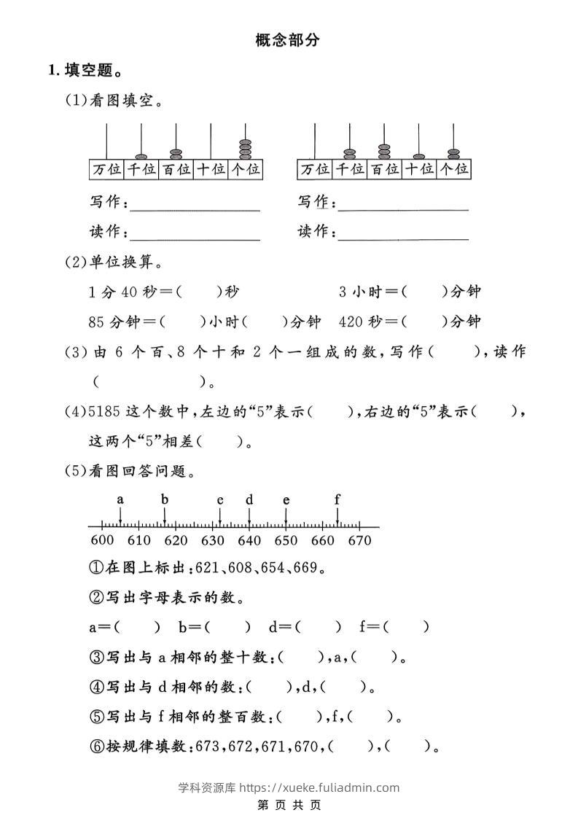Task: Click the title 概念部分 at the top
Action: click(288, 40)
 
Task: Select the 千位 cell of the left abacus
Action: click(141, 169)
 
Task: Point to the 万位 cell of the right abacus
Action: click(315, 169)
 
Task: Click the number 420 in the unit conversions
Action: click(351, 322)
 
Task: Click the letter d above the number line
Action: click(249, 500)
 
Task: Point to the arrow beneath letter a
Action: click(121, 517)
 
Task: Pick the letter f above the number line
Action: click(337, 500)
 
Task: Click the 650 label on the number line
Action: click(286, 540)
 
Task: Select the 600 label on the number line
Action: click(102, 540)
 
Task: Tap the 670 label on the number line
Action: click(359, 540)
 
